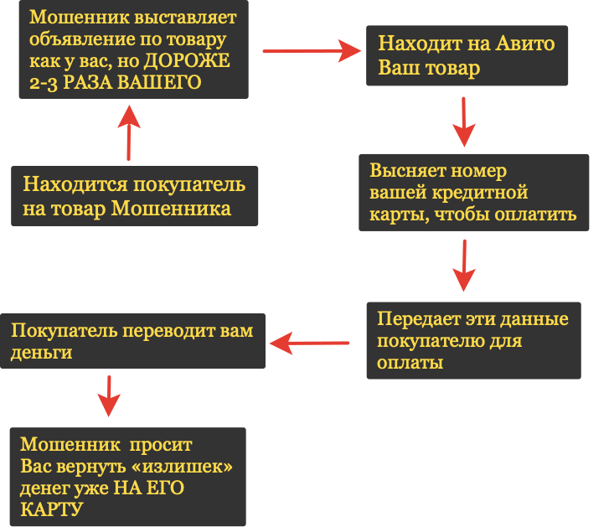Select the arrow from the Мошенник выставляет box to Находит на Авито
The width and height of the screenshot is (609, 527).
pos(311,50)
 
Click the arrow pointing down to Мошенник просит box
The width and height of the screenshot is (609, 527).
pos(107,395)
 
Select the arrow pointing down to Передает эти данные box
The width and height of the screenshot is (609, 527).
pos(463,266)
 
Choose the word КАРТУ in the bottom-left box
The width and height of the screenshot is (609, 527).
pos(51,509)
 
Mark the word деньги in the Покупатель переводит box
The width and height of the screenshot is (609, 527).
pos(42,353)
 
